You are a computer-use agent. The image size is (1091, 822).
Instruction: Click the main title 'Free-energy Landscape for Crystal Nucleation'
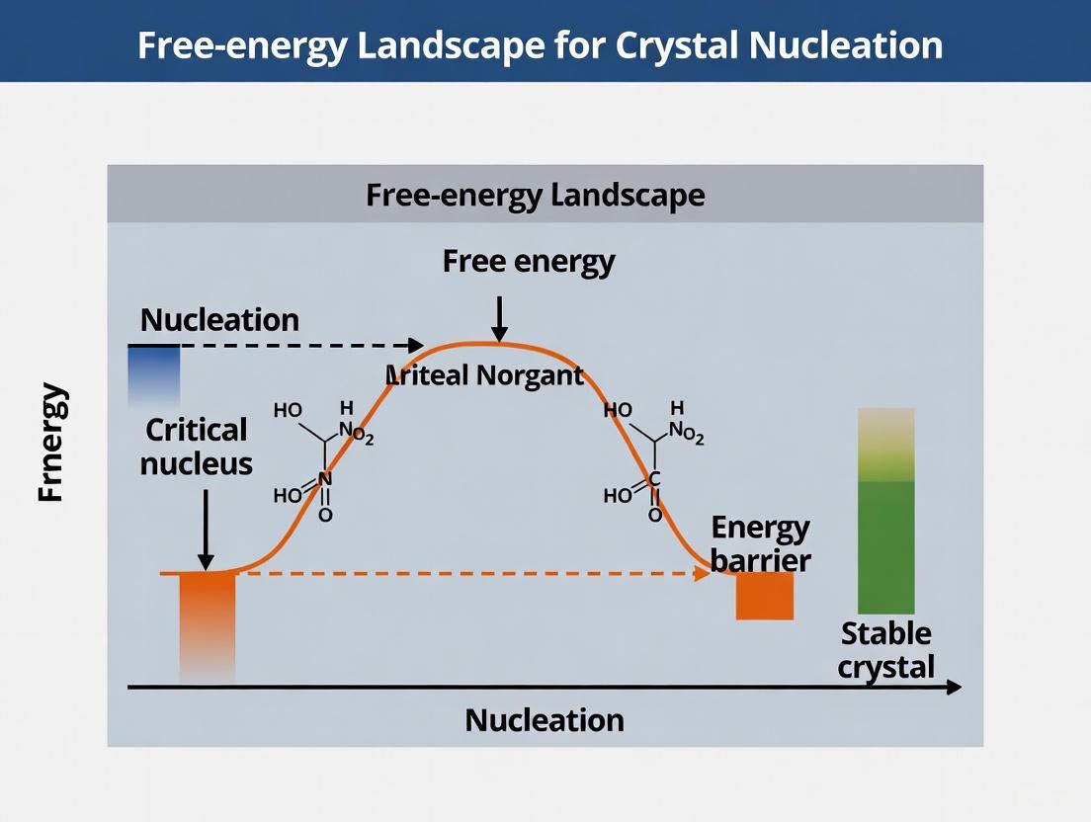(540, 44)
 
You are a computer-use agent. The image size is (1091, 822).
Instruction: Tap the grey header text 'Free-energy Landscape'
(535, 195)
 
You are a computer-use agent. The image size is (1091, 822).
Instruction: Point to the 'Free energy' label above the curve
(529, 261)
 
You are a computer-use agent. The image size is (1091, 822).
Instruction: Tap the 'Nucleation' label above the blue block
(219, 319)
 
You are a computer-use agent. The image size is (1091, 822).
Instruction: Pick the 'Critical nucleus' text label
(196, 446)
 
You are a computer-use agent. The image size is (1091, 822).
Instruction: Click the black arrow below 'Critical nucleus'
(206, 530)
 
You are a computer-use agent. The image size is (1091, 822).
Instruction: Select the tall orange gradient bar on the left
(208, 625)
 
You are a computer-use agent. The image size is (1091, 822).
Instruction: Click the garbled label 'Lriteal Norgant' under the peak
(483, 376)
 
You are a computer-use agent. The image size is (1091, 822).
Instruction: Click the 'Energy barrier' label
(760, 543)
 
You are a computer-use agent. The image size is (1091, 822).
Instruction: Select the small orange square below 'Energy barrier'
(765, 596)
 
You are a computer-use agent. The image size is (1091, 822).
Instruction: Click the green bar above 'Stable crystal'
(885, 512)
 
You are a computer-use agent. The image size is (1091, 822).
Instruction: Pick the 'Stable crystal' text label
(885, 649)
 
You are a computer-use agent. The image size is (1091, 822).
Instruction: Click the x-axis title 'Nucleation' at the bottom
(545, 719)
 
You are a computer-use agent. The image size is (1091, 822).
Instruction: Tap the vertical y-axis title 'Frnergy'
(51, 442)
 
